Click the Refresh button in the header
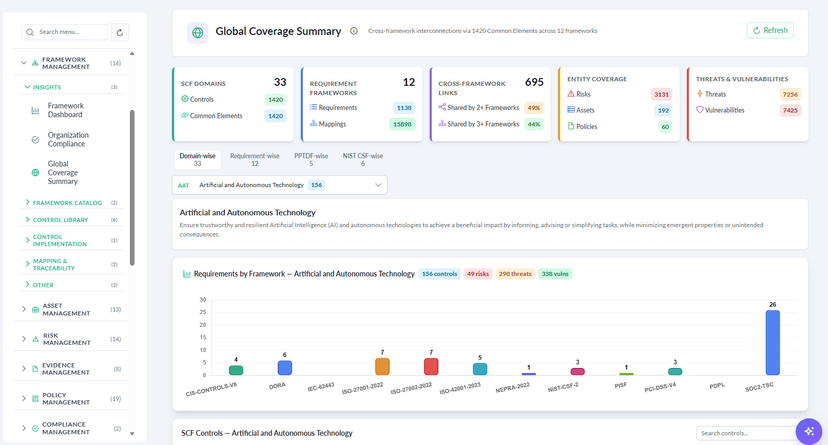point(770,30)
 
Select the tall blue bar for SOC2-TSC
point(773,343)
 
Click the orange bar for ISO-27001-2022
point(382,366)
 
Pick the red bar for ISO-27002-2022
point(431,366)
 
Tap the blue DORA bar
point(284,368)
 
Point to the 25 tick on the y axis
point(203,312)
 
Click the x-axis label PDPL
point(717,386)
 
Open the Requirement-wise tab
point(255,160)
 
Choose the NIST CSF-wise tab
point(362,160)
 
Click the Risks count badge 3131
point(661,95)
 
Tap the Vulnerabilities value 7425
point(790,110)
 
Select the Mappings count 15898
point(402,124)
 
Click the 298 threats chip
point(515,274)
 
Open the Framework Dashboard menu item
point(65,110)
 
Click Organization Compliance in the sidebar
point(68,139)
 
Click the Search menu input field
point(64,32)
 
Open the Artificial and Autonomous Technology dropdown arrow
point(378,185)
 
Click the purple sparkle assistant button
point(809,431)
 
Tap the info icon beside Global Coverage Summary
point(354,31)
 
